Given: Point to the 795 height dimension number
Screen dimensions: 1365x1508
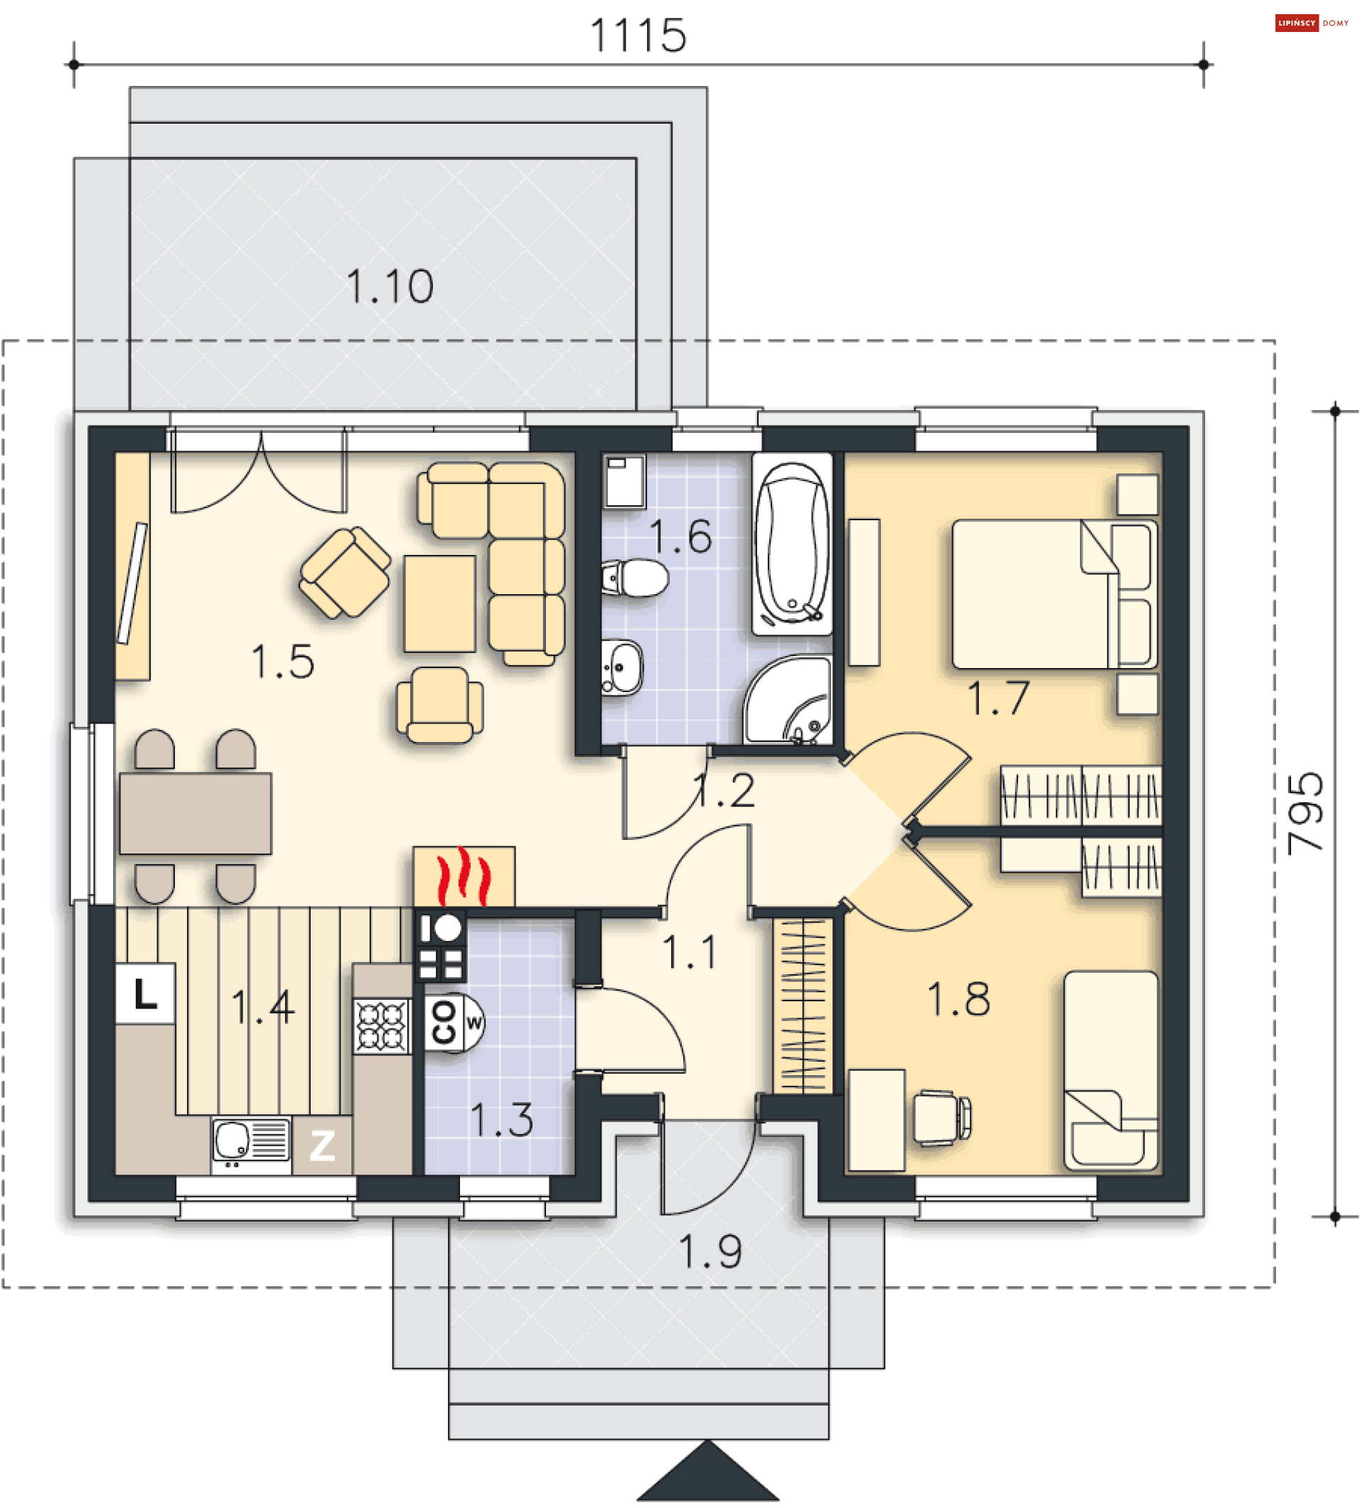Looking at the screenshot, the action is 1305,814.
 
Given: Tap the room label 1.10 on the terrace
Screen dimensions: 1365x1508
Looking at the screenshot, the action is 389,286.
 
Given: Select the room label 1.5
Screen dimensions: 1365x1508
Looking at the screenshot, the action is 282,662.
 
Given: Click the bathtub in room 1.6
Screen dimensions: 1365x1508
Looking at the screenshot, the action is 792,544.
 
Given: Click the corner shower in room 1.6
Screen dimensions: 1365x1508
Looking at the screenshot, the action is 788,700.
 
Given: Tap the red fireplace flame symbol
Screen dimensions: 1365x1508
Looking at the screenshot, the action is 464,876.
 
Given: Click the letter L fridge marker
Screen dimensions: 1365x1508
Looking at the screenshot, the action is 145,994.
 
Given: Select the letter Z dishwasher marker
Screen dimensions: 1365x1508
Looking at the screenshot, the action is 323,1145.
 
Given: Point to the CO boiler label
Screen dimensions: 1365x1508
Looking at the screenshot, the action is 444,1022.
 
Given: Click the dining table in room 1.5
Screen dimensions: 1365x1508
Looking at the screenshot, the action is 196,814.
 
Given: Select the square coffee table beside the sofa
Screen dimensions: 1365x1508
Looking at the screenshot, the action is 440,603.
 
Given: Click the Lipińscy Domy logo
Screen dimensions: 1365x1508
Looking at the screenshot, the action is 1312,23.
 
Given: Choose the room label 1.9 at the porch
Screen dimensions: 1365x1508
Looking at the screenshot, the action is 710,1251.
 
